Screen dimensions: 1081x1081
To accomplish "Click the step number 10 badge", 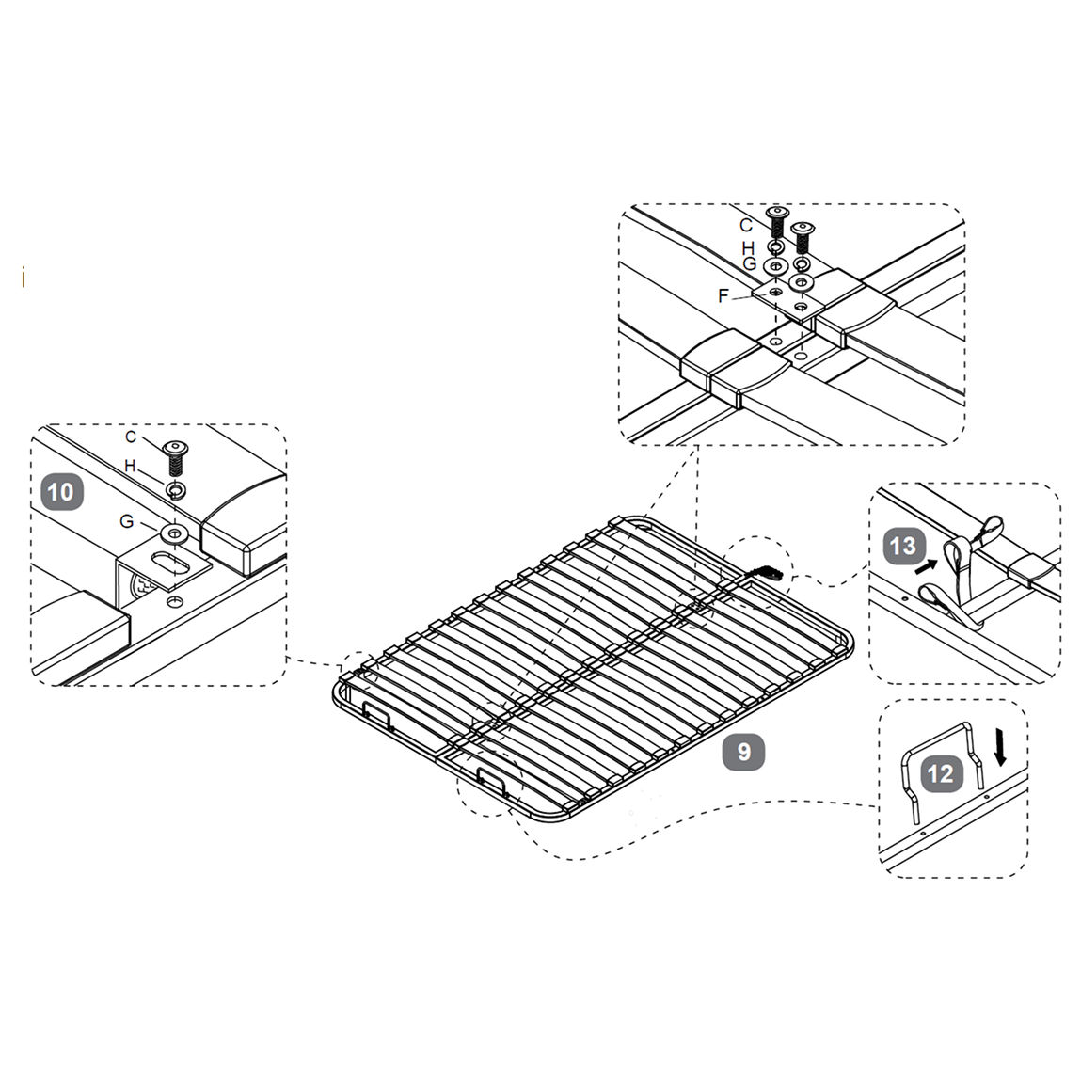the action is coord(62,492).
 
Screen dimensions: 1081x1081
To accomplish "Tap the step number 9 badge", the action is coord(743,752).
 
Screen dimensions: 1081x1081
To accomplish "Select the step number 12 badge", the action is coord(941,773).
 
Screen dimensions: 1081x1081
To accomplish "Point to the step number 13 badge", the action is coord(902,546).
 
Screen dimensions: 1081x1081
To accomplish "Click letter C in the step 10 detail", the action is coord(131,437).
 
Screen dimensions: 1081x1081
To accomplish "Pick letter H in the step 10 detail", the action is coord(130,466).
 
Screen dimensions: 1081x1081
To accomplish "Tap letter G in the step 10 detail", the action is coord(127,521).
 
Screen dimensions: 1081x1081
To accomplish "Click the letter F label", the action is coord(723,295).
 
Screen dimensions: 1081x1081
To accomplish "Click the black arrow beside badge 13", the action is coord(926,566).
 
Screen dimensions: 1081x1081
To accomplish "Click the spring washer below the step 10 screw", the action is coord(177,490).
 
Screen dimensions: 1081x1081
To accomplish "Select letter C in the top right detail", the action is coord(746,226).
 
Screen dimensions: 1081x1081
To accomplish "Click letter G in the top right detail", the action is coord(750,264).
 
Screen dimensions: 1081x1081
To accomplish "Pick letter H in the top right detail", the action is coord(749,247).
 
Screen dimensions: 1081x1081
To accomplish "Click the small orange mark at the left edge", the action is coord(24,278).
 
